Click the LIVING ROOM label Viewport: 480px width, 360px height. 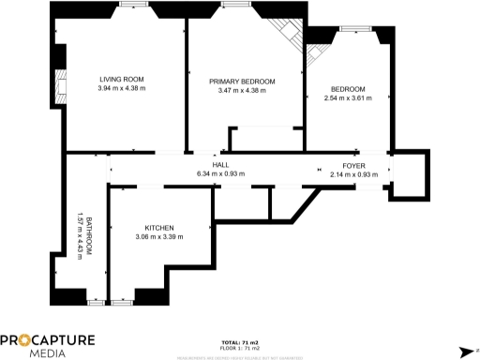[121, 79]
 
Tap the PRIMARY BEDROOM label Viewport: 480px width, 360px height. [242, 82]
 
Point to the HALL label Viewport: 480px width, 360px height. [221, 163]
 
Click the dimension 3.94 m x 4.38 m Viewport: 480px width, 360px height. [121, 88]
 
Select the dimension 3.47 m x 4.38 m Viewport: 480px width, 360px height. [242, 91]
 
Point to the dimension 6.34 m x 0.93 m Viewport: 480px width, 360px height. [221, 172]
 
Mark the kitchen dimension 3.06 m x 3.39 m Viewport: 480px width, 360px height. [159, 237]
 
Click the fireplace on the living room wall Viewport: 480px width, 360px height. [61, 87]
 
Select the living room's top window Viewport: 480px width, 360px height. [132, 5]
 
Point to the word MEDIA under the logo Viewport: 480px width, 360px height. [47, 353]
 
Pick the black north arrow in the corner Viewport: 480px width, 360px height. [465, 351]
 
